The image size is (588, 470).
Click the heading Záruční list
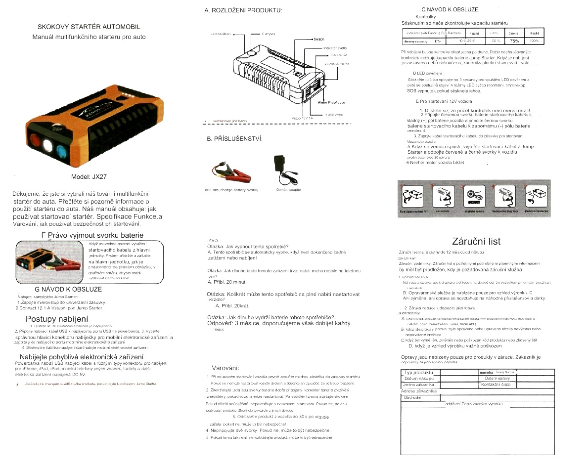pyautogui.click(x=476, y=242)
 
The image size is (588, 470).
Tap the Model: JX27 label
pyautogui.click(x=89, y=176)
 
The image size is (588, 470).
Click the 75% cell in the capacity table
pyautogui.click(x=514, y=41)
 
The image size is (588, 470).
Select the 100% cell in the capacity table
pyautogui.click(x=534, y=41)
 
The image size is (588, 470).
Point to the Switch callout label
pyautogui.click(x=318, y=39)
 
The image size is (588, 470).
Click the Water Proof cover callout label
pyautogui.click(x=331, y=102)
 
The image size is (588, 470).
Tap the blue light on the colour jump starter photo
pyautogui.click(x=61, y=149)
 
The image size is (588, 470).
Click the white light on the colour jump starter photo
pyautogui.click(x=48, y=145)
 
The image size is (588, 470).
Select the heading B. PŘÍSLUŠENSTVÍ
pyautogui.click(x=234, y=138)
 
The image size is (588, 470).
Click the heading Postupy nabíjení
pyautogui.click(x=57, y=319)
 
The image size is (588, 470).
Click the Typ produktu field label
pyautogui.click(x=418, y=372)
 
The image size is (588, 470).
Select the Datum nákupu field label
pyautogui.click(x=418, y=379)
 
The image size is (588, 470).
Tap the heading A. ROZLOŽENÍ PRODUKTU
pyautogui.click(x=243, y=10)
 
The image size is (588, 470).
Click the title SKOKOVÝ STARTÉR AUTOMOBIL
pyautogui.click(x=89, y=27)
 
